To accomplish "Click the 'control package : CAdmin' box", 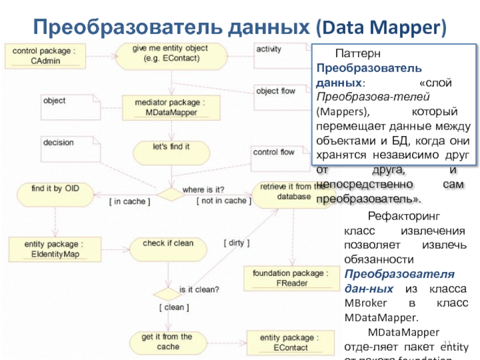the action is (x=45, y=56).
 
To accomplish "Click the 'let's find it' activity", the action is (x=171, y=151).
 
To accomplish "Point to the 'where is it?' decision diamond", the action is (x=170, y=194).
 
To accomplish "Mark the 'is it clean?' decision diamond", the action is (x=167, y=294).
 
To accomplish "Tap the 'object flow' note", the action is (x=279, y=97).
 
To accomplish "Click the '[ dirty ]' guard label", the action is (x=236, y=243).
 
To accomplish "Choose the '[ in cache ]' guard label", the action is (x=130, y=201).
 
